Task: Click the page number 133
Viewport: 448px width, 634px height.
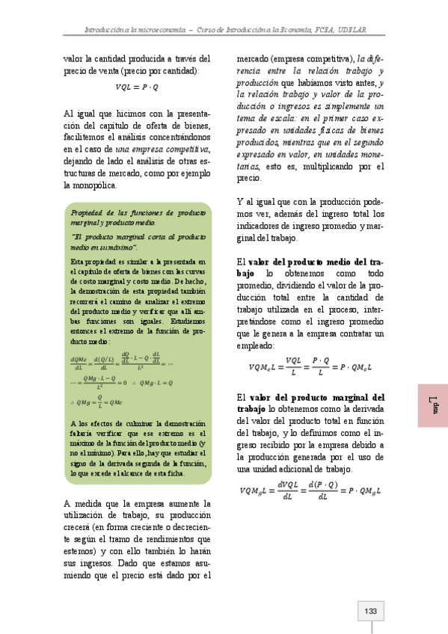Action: (369, 612)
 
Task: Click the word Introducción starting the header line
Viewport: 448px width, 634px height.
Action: (108, 30)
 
